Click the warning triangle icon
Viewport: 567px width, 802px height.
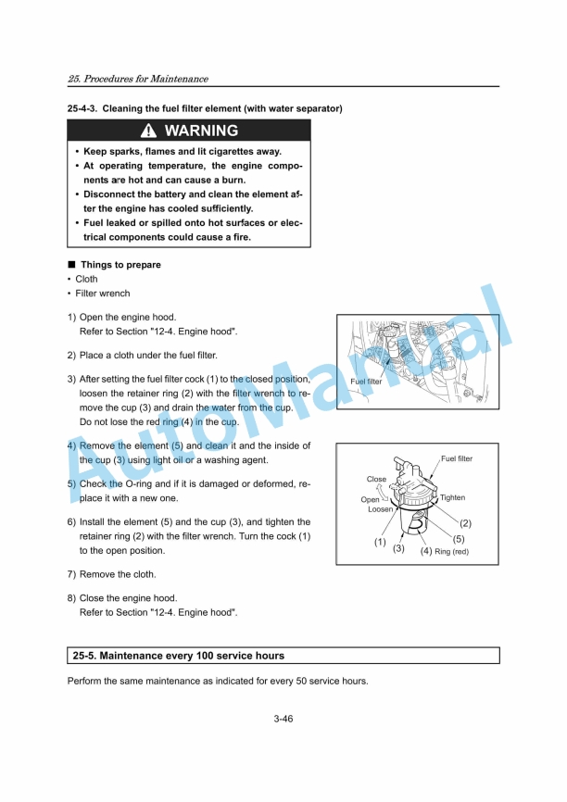(x=150, y=132)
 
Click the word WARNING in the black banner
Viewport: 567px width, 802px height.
(x=201, y=132)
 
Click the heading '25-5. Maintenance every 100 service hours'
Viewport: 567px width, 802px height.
(x=179, y=656)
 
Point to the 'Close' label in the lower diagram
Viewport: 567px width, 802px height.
(x=376, y=479)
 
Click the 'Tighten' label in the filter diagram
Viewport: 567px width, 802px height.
(x=452, y=497)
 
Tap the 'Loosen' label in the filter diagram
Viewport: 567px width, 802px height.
(x=380, y=509)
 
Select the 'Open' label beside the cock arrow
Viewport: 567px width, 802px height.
(x=370, y=499)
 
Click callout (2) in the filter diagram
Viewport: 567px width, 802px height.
(x=466, y=523)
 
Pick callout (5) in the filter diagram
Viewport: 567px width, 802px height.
(x=458, y=538)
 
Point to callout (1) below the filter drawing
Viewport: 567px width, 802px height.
(x=379, y=542)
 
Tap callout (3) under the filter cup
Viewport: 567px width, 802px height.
(x=398, y=548)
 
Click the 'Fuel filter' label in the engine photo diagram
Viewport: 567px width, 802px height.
(x=366, y=381)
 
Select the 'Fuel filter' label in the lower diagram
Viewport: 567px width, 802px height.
(x=456, y=458)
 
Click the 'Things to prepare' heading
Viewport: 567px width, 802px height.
(x=120, y=265)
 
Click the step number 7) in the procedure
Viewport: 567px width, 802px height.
(x=71, y=574)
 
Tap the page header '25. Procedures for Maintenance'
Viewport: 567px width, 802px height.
(x=138, y=79)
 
